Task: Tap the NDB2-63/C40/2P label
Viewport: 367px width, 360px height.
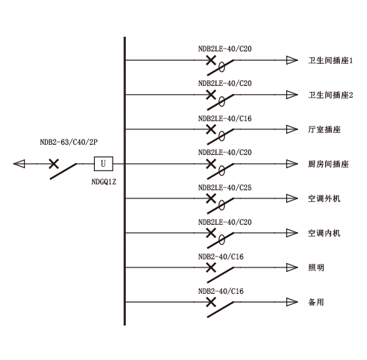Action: click(68, 142)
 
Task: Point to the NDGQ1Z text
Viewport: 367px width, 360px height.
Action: click(104, 181)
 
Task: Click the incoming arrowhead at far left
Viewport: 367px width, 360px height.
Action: click(19, 164)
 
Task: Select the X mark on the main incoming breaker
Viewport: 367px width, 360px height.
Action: click(54, 164)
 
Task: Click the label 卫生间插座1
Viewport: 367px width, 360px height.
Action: click(330, 60)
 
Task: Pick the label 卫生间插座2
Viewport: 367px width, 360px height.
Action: click(330, 95)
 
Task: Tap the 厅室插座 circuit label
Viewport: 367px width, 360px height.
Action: click(324, 129)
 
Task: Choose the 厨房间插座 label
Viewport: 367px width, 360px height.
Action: click(328, 164)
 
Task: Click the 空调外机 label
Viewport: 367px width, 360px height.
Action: click(324, 198)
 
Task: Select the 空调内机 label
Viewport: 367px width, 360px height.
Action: click(324, 233)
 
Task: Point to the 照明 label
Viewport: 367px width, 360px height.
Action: click(316, 267)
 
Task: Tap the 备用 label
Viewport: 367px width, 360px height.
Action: click(316, 302)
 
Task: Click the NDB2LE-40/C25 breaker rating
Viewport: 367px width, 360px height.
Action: click(225, 187)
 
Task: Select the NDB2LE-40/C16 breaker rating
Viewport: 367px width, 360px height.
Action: click(225, 118)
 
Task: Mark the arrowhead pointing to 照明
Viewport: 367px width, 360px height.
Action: click(292, 267)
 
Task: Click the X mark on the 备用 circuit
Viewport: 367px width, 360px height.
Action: click(211, 302)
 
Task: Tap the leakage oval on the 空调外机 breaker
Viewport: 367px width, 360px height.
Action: click(221, 205)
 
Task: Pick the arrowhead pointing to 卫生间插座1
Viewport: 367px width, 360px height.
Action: click(292, 60)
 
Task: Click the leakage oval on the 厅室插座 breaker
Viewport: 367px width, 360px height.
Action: click(221, 136)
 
